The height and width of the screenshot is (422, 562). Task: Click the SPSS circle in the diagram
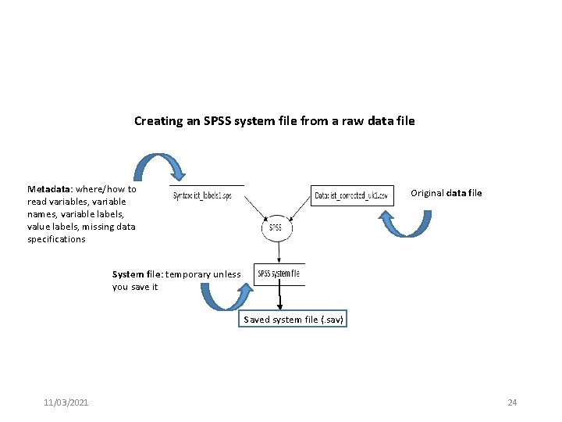coord(275,228)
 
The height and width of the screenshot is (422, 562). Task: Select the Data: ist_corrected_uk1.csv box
coord(350,195)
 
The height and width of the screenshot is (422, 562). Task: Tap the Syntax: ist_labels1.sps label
coord(202,195)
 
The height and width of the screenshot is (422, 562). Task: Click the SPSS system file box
coord(279,274)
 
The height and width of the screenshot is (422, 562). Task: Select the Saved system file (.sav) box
coord(293,320)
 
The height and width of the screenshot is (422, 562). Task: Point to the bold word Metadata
coord(50,189)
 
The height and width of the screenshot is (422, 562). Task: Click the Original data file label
coord(446,193)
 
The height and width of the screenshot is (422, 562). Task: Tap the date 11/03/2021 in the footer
coord(66,402)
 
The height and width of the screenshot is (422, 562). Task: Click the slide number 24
coord(512,402)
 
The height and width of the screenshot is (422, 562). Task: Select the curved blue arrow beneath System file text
coord(225,296)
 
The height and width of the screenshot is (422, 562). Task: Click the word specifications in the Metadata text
coord(56,239)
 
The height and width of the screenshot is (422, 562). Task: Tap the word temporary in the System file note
coord(187,274)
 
